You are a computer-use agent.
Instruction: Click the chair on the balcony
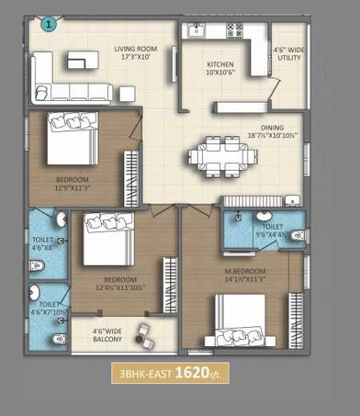tap(143, 332)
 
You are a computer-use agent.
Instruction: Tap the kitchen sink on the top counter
tap(196, 32)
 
